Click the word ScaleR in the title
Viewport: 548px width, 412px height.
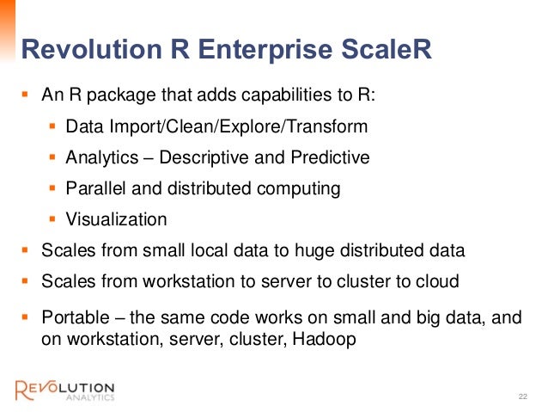379,50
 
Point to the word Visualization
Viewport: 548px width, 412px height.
116,219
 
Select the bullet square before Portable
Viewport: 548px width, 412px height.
25,317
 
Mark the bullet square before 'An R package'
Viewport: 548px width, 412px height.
25,94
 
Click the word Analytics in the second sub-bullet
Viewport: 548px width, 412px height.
99,158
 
